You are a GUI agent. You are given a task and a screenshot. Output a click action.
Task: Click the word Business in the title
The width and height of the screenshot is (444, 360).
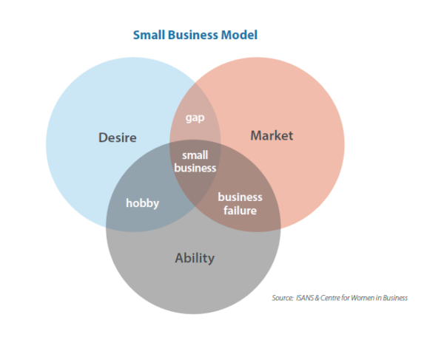(194, 35)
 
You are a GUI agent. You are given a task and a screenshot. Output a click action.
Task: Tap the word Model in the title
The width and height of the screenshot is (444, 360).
(241, 35)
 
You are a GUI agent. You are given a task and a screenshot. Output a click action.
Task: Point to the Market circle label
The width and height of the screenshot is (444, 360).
(272, 135)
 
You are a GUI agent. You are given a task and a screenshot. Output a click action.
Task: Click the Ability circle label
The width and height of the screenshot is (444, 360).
(195, 258)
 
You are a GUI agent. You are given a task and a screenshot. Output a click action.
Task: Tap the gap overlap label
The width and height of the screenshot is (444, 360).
(195, 118)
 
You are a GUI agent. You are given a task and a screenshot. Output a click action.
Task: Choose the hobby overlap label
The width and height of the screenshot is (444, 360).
(142, 203)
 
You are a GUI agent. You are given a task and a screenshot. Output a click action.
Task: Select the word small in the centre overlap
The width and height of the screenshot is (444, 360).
(195, 155)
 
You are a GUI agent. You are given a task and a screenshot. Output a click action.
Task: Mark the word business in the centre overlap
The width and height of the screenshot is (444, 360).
(195, 168)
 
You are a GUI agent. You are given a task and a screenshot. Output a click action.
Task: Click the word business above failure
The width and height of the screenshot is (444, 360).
(240, 197)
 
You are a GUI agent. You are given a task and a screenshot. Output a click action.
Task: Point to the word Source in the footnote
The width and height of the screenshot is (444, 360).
(283, 298)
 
